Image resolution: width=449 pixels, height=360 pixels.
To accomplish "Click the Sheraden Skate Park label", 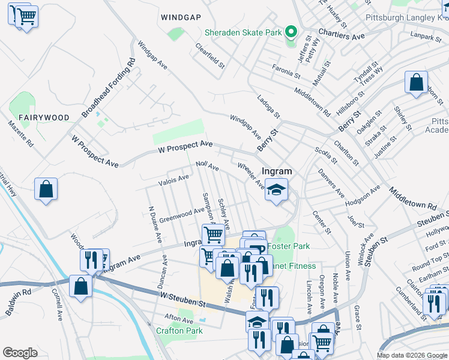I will point(243,32).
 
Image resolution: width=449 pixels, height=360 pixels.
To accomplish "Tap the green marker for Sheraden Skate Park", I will point(291,32).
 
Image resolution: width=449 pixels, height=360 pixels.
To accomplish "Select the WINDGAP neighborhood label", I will point(181,17).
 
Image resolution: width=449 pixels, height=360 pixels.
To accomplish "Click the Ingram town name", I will point(276,172).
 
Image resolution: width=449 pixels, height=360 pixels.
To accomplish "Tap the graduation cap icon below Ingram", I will point(276,190).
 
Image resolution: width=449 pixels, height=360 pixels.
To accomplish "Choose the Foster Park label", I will point(288,246).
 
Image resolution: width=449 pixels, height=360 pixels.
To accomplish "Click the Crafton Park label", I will point(179,331).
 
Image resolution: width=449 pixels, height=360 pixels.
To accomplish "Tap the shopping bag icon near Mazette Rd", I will point(46,190).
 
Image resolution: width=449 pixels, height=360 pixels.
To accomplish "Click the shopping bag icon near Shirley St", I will point(416,83).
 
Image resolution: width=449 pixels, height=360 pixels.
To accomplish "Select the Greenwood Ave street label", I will point(182,214).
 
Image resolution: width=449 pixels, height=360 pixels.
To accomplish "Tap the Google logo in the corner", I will point(20,353).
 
